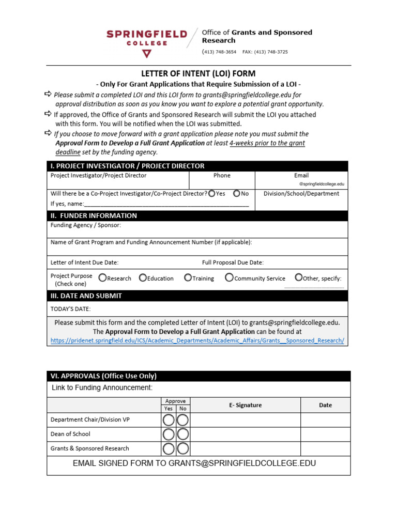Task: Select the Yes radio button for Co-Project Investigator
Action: click(212, 194)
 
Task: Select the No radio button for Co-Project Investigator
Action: click(237, 194)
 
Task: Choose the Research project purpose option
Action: click(102, 278)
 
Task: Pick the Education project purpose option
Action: click(143, 278)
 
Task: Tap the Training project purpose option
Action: click(188, 278)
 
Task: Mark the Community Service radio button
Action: click(229, 278)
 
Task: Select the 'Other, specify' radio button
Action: click(298, 278)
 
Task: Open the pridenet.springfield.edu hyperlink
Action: click(197, 340)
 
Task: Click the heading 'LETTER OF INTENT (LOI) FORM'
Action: click(198, 74)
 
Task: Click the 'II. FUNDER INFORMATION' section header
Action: click(94, 215)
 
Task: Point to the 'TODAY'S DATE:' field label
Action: click(70, 309)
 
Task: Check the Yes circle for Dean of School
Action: click(169, 434)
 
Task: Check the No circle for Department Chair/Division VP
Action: click(183, 419)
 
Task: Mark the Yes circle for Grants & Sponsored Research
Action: click(169, 448)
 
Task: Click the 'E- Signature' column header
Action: click(245, 405)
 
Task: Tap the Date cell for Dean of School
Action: click(325, 434)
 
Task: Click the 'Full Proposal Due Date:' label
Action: click(233, 262)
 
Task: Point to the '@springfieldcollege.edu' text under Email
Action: click(321, 184)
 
